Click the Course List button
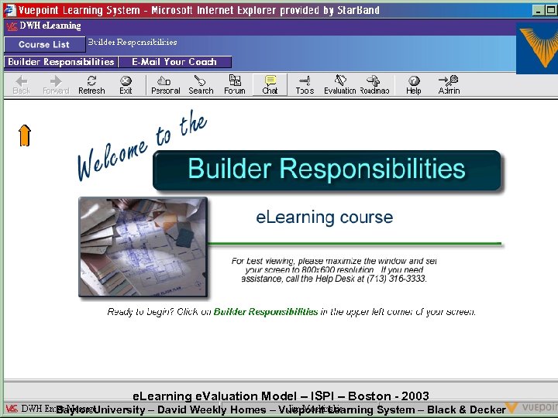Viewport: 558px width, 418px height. click(x=44, y=45)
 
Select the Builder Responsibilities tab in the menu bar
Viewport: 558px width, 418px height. click(x=60, y=62)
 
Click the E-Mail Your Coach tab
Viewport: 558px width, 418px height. click(x=174, y=62)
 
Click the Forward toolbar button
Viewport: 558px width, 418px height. click(x=56, y=84)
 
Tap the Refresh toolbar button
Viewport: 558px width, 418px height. click(x=91, y=84)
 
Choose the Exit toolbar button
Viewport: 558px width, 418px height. click(x=126, y=84)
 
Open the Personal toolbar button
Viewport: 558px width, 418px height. click(x=165, y=84)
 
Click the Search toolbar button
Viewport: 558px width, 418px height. click(x=201, y=84)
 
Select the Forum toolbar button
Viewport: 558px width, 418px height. click(x=235, y=84)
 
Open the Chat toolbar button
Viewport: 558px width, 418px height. click(x=270, y=84)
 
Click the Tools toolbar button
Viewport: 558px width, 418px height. click(x=305, y=84)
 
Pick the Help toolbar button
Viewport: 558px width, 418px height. click(x=414, y=84)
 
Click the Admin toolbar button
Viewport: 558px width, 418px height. click(x=449, y=84)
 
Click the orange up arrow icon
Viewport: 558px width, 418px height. click(x=25, y=135)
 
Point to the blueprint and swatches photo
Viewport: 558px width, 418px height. click(x=143, y=247)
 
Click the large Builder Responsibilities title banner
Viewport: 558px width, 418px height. click(x=326, y=170)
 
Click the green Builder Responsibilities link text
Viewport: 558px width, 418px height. click(x=266, y=312)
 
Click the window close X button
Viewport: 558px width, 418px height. click(x=550, y=10)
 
